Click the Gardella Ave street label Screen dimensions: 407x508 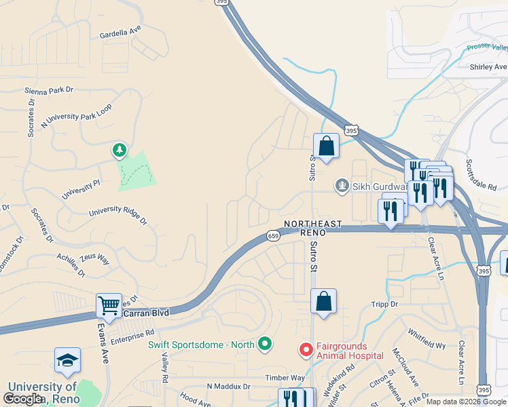(x=120, y=31)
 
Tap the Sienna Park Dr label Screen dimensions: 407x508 (x=48, y=90)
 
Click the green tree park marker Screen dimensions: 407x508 (x=120, y=150)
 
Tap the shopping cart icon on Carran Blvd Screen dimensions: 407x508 (x=109, y=306)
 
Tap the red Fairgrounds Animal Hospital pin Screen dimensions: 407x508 (x=306, y=350)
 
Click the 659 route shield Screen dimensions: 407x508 (x=272, y=235)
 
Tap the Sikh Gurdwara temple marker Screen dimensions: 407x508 (x=342, y=185)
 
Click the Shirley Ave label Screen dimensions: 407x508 (x=488, y=66)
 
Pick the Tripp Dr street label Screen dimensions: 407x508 (x=384, y=305)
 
